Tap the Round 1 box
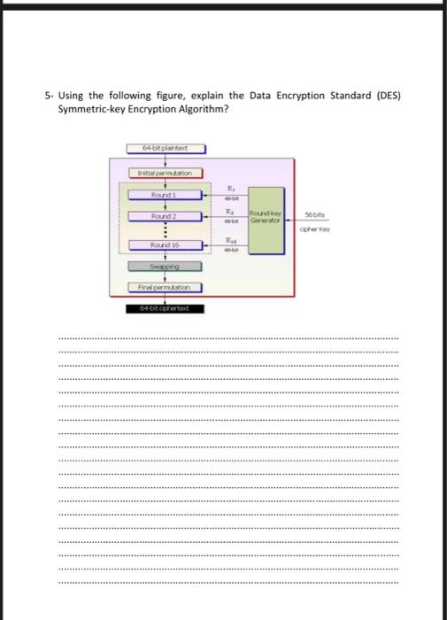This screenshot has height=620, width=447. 164,194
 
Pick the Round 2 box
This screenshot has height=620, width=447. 164,216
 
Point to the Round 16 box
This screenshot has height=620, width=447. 164,245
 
